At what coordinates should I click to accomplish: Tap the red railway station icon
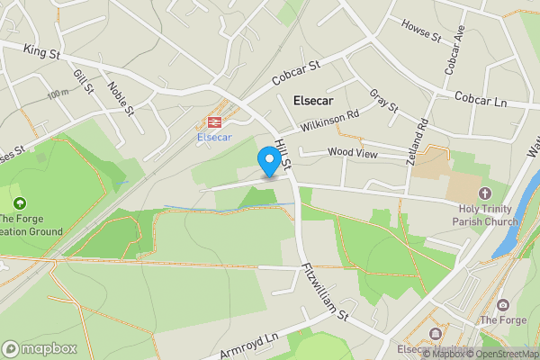215,121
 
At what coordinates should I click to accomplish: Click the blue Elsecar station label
215,137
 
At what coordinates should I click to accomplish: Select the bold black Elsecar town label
318,102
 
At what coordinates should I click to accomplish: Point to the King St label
41,54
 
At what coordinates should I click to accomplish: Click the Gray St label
384,101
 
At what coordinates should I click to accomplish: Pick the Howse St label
421,32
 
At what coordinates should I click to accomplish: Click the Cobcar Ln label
481,101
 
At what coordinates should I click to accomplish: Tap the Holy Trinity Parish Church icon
485,193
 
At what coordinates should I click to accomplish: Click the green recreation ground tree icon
20,203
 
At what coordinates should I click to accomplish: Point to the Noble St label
121,99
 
